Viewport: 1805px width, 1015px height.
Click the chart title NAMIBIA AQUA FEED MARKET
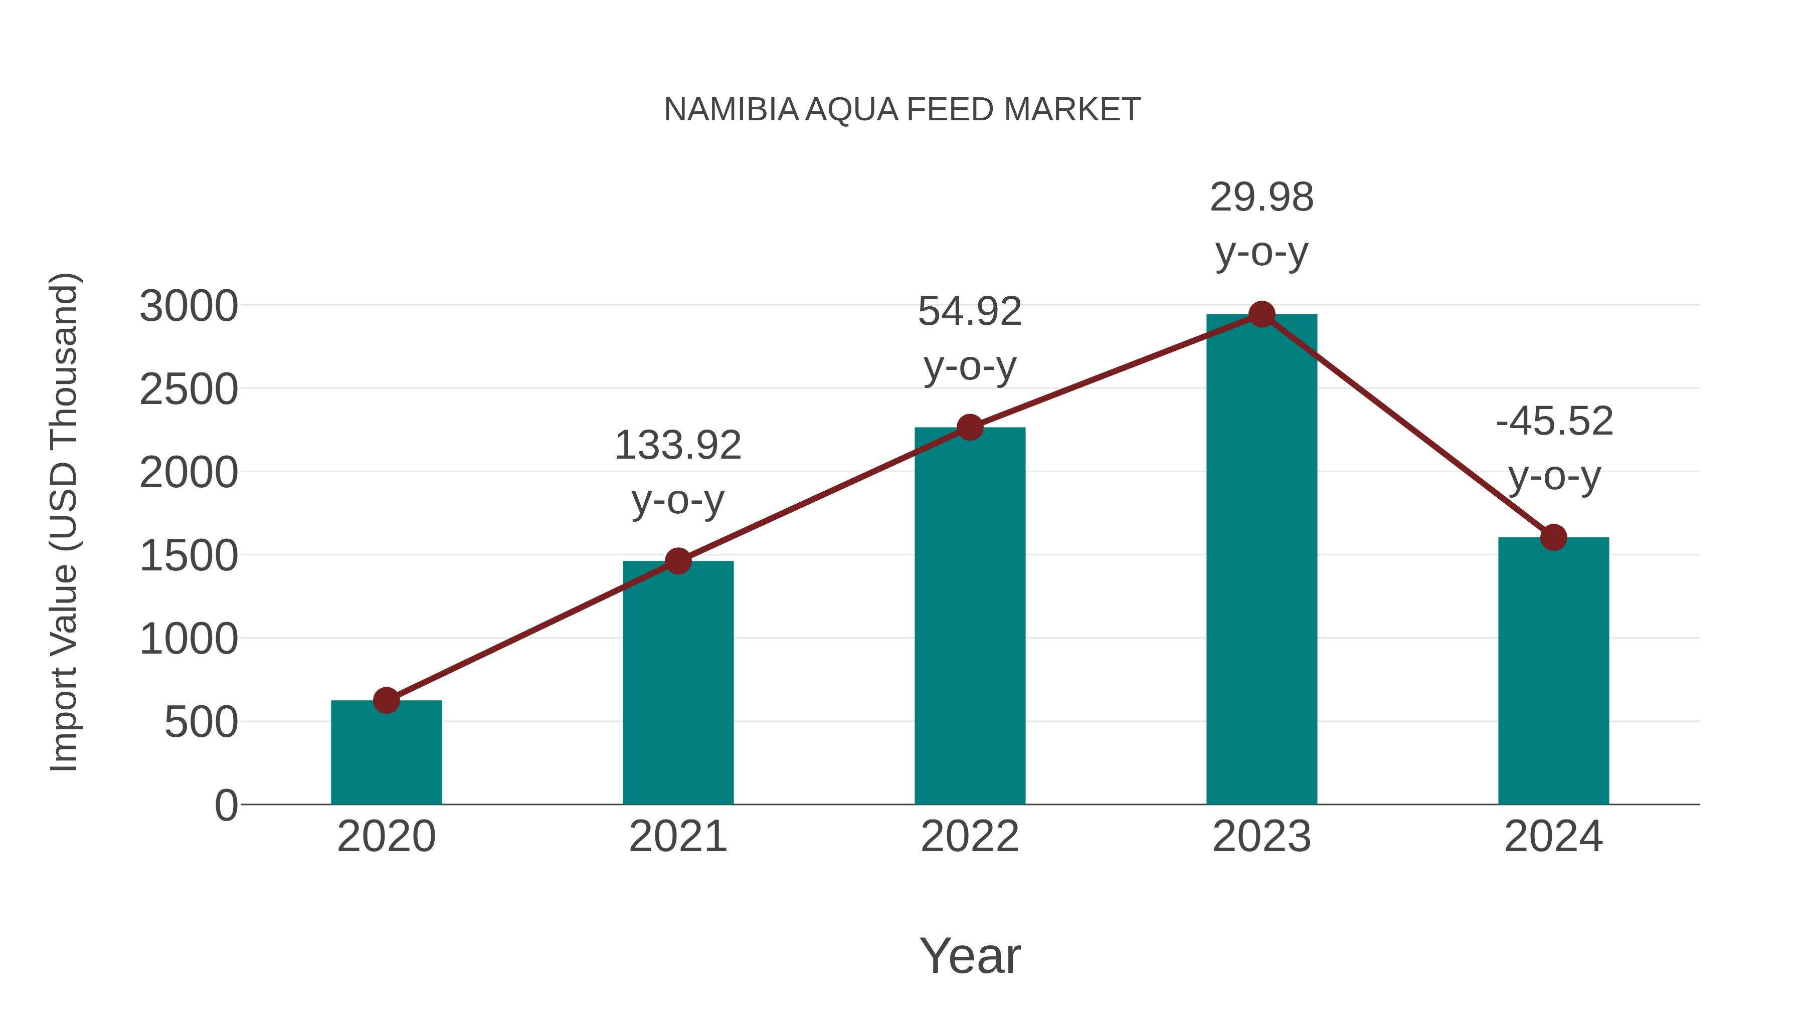902,110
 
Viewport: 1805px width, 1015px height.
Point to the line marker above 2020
386,700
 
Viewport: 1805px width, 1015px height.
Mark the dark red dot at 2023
1261,314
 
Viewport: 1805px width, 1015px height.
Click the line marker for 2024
1553,537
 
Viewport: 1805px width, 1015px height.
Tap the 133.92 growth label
677,446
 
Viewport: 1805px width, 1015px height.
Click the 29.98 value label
1261,197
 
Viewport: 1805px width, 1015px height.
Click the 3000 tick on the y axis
189,306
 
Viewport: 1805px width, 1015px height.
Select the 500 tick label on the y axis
201,722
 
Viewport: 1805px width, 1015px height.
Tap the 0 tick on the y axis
226,805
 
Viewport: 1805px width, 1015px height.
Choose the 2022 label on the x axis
970,837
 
